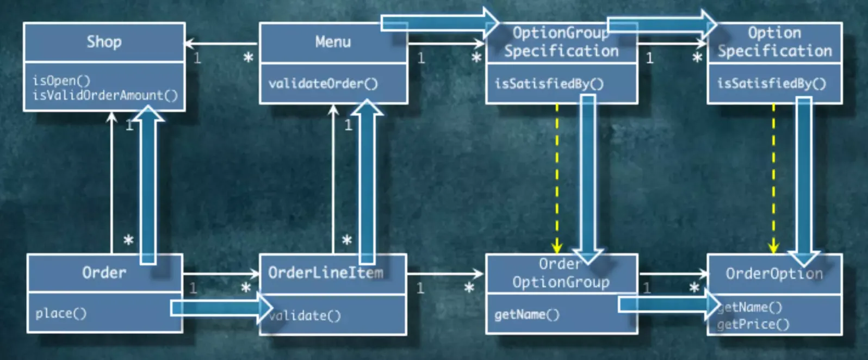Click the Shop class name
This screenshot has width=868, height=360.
104,41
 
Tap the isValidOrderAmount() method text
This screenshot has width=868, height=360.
105,95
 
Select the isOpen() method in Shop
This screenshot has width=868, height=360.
61,80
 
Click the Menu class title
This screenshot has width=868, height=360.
333,41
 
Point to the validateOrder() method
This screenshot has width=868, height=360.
323,84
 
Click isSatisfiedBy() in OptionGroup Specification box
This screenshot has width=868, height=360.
549,84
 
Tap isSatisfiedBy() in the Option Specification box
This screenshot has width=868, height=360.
772,83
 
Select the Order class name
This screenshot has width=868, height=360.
104,273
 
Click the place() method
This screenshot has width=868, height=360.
61,313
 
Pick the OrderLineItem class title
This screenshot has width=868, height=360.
325,273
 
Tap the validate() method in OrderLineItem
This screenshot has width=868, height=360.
305,316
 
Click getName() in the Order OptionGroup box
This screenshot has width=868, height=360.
527,314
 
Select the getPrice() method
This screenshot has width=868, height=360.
753,324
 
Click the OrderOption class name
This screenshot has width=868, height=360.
774,274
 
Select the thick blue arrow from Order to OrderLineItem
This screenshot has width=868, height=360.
222,308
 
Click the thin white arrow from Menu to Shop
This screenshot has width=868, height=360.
221,43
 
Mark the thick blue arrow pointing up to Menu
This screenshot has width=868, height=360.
367,181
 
